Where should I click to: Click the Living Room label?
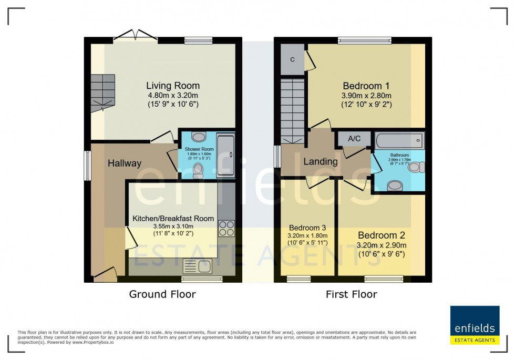click(172, 86)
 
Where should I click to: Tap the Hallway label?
click(125, 163)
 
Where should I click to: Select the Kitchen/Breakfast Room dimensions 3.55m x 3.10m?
click(173, 227)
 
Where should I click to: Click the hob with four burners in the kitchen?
click(226, 229)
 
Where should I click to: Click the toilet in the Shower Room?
click(199, 170)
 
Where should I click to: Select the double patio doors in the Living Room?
click(136, 36)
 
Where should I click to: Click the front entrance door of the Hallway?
click(105, 274)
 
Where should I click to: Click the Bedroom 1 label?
click(366, 86)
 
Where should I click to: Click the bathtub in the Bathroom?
click(399, 140)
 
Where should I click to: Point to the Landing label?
click(320, 161)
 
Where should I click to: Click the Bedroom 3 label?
click(307, 228)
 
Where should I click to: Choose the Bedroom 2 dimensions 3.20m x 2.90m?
click(382, 245)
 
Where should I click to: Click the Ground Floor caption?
click(162, 294)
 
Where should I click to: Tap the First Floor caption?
click(351, 294)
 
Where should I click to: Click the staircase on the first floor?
click(292, 110)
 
